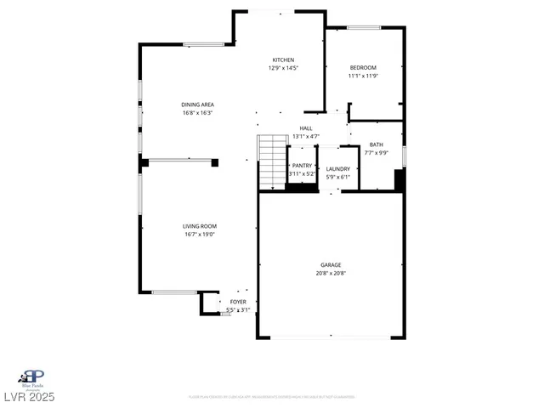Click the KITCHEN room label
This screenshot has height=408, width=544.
283,59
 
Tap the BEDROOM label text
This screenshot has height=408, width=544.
363,67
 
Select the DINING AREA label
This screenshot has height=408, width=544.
196,104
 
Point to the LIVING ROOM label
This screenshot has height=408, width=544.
199,226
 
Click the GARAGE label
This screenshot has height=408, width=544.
331,265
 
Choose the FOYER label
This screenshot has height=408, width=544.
238,302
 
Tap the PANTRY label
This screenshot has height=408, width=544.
302,166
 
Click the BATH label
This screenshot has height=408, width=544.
376,145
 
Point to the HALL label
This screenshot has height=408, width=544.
305,128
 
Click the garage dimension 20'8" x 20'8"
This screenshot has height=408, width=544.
331,273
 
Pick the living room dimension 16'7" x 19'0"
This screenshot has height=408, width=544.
199,234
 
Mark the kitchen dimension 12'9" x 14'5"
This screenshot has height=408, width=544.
283,67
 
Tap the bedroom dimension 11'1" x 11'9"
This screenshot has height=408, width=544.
363,75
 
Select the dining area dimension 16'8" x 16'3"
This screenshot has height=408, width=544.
196,111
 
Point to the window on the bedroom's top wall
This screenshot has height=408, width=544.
363,28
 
